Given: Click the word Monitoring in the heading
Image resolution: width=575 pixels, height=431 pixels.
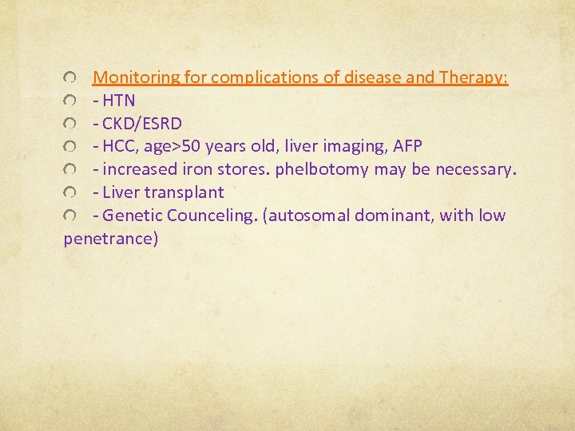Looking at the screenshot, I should click(x=136, y=77).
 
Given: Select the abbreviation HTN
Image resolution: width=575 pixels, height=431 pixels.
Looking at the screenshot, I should click(x=119, y=101).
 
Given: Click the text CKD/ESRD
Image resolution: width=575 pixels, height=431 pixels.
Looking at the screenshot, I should click(x=142, y=124).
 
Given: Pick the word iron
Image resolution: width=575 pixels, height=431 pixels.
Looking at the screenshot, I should click(x=199, y=169).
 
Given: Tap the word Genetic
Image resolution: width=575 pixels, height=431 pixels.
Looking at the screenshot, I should click(x=132, y=215).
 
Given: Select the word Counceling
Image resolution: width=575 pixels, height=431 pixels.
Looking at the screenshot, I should click(x=209, y=215).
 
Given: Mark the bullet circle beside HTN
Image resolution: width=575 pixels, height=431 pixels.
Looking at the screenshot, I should click(x=70, y=101).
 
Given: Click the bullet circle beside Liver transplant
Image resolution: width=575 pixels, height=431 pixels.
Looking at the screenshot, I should click(x=70, y=193).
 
